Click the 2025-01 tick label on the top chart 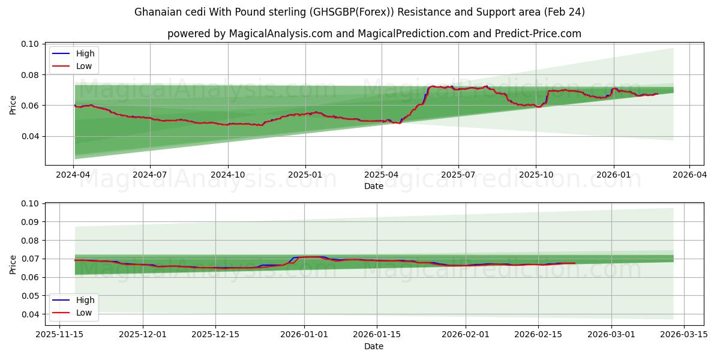pyautogui.click(x=305, y=175)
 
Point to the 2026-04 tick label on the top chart pyautogui.click(x=689, y=175)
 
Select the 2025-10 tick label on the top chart pyautogui.click(x=536, y=175)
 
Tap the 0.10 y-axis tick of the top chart pyautogui.click(x=31, y=44)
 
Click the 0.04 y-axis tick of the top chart pyautogui.click(x=31, y=136)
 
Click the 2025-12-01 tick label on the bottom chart pyautogui.click(x=143, y=334)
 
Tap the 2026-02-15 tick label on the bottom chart pyautogui.click(x=538, y=334)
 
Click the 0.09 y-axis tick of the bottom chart pyautogui.click(x=31, y=222)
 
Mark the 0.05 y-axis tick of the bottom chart pyautogui.click(x=31, y=296)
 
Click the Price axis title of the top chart pyautogui.click(x=13, y=105)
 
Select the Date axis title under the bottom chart pyautogui.click(x=373, y=346)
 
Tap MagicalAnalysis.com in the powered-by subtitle pyautogui.click(x=280, y=34)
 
